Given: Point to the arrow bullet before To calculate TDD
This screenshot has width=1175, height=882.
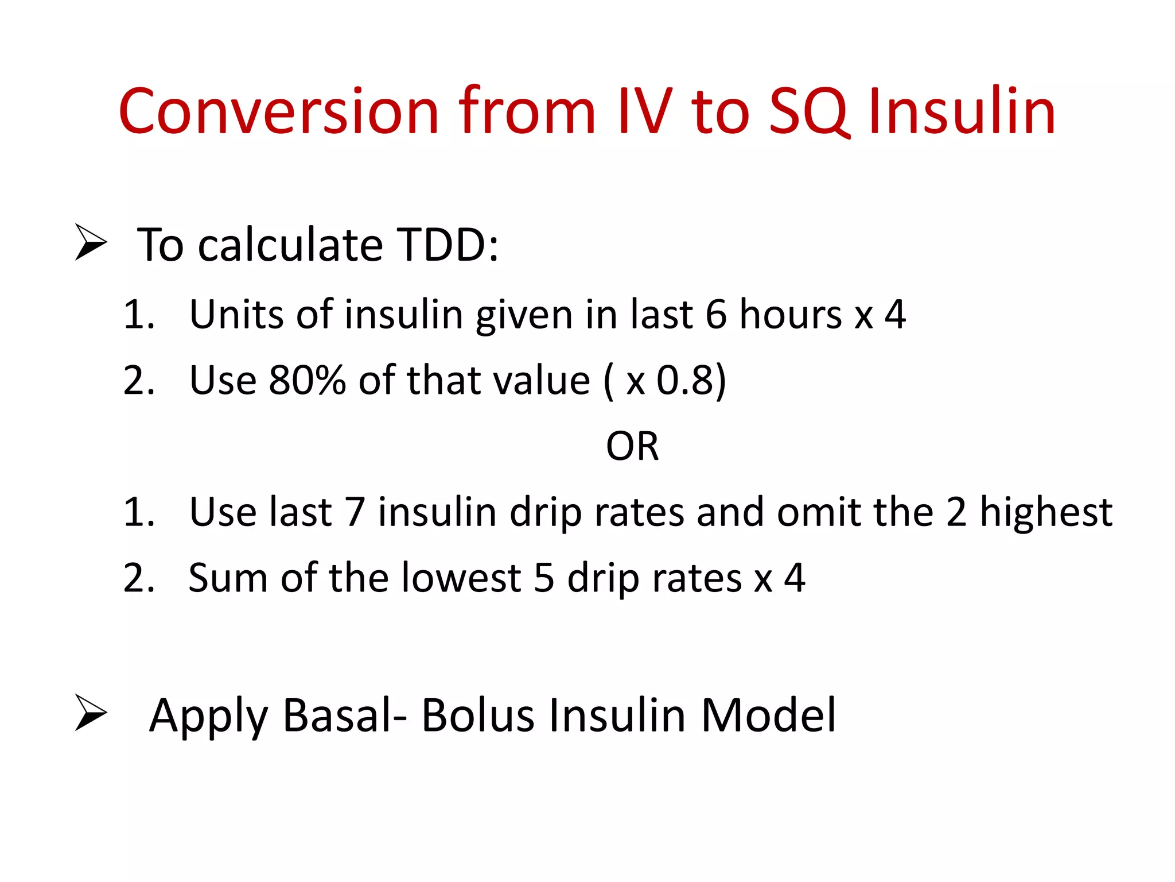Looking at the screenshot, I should click(91, 243).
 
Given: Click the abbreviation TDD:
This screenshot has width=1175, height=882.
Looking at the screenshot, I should click(448, 245).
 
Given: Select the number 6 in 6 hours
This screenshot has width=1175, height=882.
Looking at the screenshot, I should click(716, 315).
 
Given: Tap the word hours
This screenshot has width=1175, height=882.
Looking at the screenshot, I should click(791, 315).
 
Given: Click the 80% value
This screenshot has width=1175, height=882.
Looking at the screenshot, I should click(307, 380).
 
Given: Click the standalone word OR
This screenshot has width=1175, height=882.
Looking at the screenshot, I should click(632, 446).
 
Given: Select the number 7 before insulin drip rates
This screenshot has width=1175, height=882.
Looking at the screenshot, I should click(355, 512).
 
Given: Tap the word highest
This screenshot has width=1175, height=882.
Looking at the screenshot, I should click(1045, 512).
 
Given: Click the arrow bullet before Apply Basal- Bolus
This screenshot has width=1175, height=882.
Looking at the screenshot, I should click(91, 713).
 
